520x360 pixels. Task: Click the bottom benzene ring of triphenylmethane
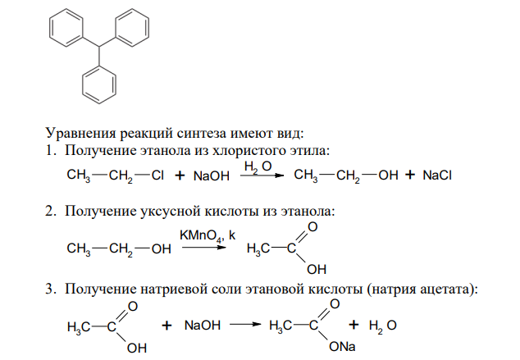83,84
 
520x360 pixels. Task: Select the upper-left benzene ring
50,28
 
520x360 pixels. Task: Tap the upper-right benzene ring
148,28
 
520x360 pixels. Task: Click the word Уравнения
81,134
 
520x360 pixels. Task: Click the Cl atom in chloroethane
157,175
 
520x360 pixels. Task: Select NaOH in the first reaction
212,176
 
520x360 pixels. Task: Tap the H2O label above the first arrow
258,166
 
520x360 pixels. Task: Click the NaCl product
437,175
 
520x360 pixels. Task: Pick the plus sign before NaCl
410,175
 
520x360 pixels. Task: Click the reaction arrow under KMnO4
204,248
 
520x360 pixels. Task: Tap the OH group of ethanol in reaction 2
162,249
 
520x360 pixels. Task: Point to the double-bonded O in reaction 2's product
312,227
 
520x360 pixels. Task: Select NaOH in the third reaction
203,326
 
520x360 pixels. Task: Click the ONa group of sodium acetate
342,347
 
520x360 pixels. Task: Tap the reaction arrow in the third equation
246,325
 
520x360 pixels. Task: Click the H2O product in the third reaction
383,326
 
